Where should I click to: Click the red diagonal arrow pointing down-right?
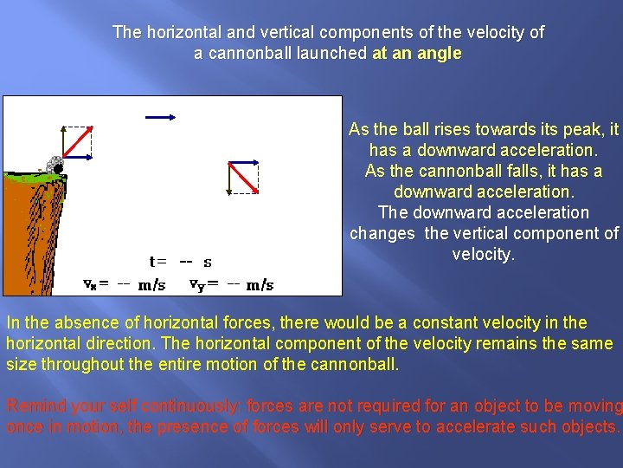(244, 178)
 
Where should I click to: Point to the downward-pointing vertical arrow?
(228, 178)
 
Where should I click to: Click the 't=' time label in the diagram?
(158, 261)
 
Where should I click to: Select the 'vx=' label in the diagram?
(95, 284)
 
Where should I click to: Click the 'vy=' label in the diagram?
(204, 284)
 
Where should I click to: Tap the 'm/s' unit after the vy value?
(260, 284)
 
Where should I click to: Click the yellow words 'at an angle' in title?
(416, 53)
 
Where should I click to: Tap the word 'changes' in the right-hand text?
(382, 233)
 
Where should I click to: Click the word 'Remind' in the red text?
(33, 406)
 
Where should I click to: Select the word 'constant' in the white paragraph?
(445, 322)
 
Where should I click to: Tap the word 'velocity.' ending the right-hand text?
(484, 254)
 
